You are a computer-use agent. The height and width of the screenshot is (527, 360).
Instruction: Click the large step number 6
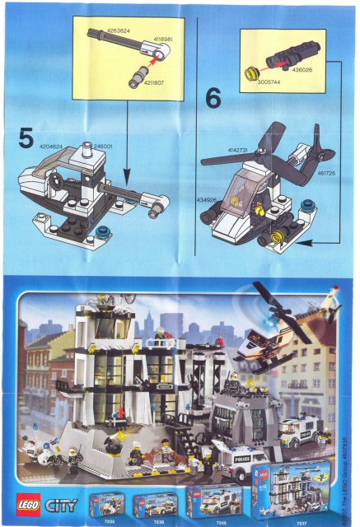(x=213, y=100)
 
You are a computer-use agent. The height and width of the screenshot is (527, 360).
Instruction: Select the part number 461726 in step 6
(x=326, y=174)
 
